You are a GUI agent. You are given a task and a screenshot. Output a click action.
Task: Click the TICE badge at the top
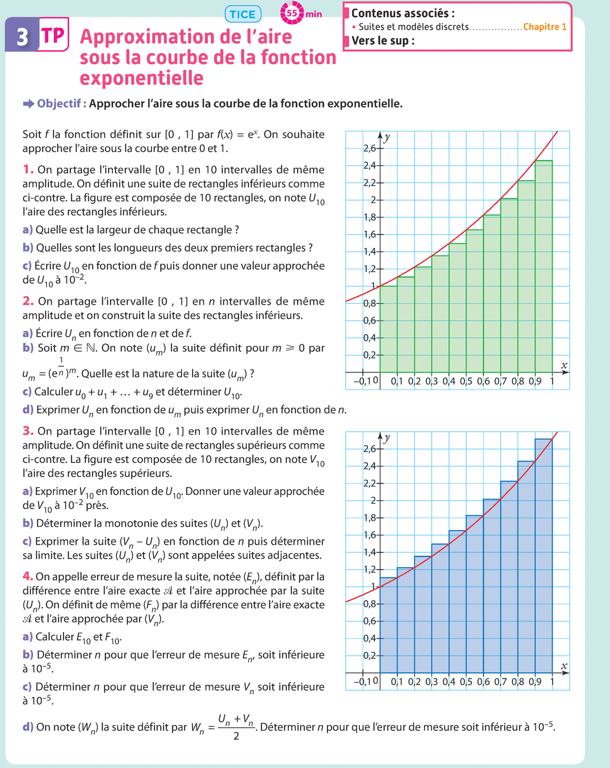(x=242, y=14)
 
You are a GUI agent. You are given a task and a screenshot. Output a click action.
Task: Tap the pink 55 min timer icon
(x=292, y=13)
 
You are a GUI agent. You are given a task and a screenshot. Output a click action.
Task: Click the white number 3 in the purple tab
(x=22, y=37)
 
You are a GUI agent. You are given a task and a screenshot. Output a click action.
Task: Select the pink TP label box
(x=53, y=35)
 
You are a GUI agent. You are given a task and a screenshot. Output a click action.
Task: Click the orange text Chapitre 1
(x=544, y=27)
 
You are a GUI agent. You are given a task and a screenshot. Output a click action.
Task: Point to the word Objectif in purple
(x=58, y=104)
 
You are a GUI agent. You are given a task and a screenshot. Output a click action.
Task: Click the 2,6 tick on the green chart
(x=370, y=149)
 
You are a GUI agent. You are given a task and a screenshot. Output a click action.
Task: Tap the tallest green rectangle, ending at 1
(x=543, y=264)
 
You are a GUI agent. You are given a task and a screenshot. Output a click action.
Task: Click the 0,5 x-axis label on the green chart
(x=466, y=381)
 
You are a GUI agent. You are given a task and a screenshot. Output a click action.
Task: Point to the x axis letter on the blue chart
(x=564, y=666)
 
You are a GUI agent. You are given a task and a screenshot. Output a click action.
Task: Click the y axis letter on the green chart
(x=387, y=137)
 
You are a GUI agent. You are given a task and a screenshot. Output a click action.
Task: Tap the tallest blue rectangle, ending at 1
(x=543, y=554)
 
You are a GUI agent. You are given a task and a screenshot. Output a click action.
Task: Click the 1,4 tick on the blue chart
(x=370, y=552)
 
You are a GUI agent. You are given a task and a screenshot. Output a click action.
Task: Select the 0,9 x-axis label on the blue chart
(x=535, y=682)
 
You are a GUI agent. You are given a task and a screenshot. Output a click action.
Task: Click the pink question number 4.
(x=27, y=576)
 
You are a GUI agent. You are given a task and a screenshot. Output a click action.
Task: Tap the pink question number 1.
(x=28, y=169)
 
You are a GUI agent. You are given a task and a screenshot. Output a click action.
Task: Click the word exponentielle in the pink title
(x=142, y=78)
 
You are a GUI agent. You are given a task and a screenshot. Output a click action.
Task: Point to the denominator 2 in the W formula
(x=236, y=736)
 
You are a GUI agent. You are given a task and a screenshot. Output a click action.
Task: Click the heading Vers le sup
(x=383, y=41)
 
